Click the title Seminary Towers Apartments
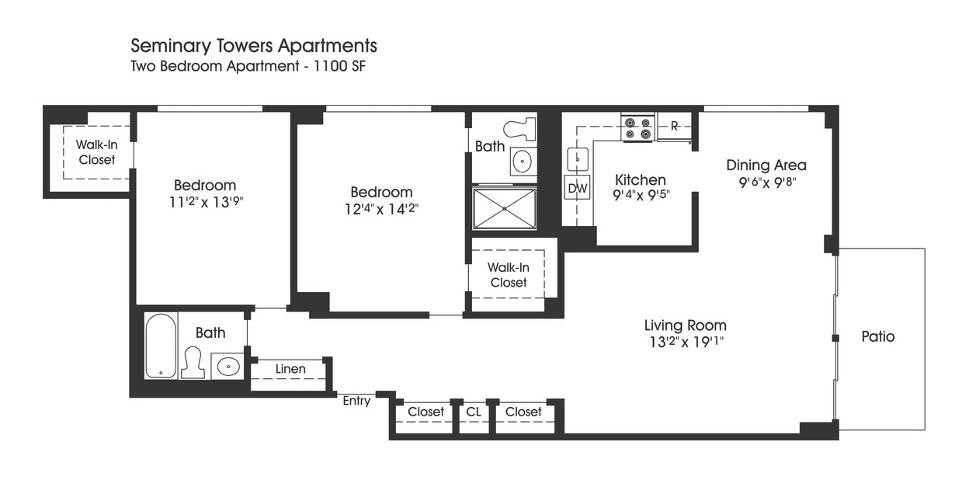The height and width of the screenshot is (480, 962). click(253, 46)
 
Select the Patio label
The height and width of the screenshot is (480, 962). click(877, 336)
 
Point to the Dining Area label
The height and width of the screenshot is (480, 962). click(766, 165)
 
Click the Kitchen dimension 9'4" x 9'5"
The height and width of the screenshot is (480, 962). click(641, 195)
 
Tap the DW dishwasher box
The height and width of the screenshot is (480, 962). click(577, 188)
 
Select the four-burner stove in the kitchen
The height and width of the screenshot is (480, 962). click(637, 128)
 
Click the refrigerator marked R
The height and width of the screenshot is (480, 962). click(674, 126)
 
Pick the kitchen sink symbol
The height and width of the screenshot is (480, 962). click(577, 158)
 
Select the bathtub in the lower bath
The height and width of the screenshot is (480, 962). click(161, 346)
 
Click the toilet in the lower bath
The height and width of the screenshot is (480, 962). click(192, 363)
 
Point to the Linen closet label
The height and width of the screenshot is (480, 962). click(290, 368)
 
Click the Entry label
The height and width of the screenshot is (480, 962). click(356, 401)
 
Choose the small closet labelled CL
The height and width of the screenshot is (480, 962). click(473, 412)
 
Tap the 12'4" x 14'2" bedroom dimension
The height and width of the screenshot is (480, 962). click(381, 209)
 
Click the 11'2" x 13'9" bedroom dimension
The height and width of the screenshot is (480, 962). click(205, 202)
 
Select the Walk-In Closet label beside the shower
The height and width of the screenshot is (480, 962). click(508, 275)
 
